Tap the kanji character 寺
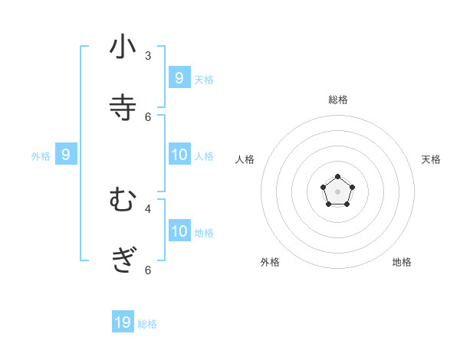tap(123, 108)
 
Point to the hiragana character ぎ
tap(123, 261)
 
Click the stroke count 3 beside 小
tap(148, 55)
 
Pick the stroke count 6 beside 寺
tap(148, 116)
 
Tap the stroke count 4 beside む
tap(148, 208)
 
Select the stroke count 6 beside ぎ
tap(148, 270)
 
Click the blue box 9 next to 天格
tap(179, 77)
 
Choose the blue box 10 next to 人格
tap(179, 155)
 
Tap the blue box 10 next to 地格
tap(179, 231)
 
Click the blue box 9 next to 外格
tap(66, 155)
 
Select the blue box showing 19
tap(123, 322)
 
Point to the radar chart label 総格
tap(337, 100)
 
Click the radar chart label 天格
tap(431, 159)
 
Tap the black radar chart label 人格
tap(245, 159)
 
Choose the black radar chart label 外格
tap(270, 262)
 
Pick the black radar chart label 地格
tap(402, 262)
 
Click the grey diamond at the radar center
tap(337, 191)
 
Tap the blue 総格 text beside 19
tap(147, 324)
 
